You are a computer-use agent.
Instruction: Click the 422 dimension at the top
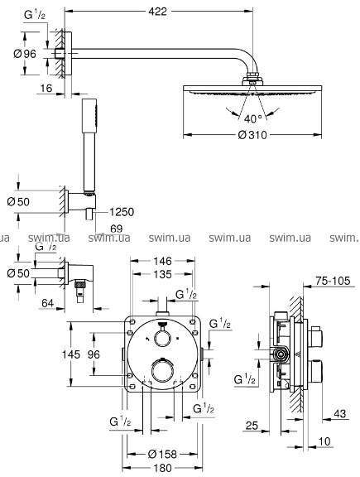coord(158,12)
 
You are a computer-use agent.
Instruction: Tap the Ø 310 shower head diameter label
coord(252,135)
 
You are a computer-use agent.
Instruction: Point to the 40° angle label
coord(253,119)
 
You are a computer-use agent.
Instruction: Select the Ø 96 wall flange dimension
coord(25,54)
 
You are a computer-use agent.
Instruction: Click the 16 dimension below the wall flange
coord(46,89)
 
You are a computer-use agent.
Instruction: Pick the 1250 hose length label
coord(122,212)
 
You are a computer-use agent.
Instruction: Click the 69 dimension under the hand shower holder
coord(116,229)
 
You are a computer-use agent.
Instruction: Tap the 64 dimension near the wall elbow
coord(47,303)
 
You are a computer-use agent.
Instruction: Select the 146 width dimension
coord(163,261)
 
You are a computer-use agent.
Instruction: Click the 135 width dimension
coord(163,274)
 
